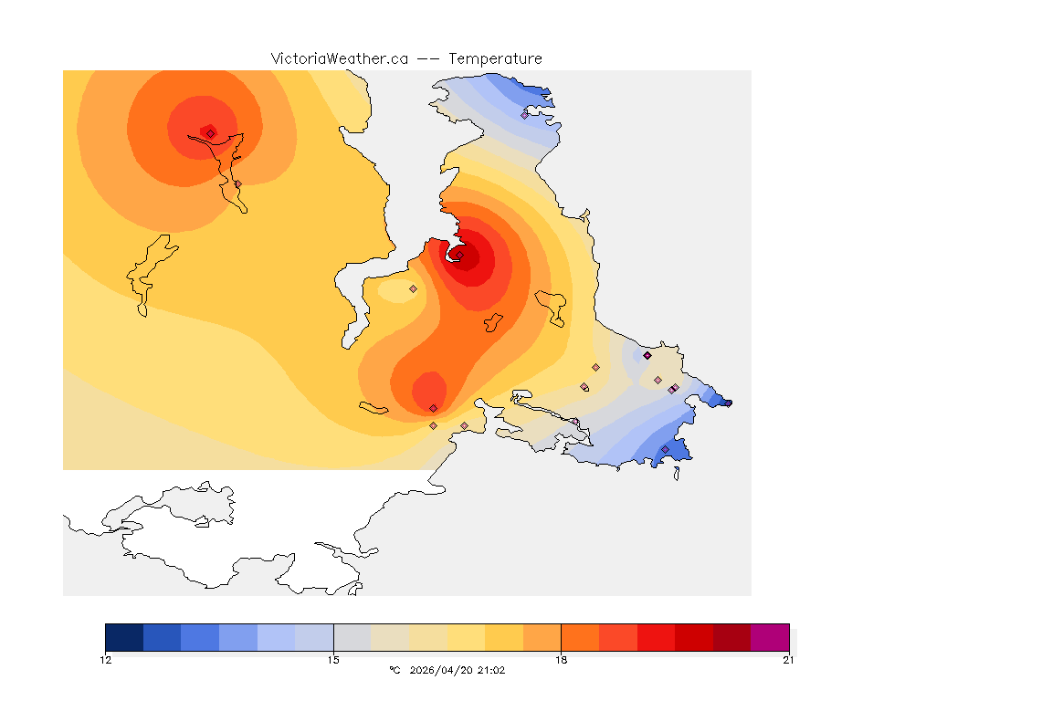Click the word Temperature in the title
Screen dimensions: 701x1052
tap(496, 58)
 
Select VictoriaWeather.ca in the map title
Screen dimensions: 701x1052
tap(339, 58)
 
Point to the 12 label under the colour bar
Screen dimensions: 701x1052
tap(106, 659)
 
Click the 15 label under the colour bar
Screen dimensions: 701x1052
tap(333, 659)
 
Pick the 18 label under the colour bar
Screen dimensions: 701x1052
tap(561, 659)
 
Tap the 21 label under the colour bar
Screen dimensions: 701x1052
tap(788, 659)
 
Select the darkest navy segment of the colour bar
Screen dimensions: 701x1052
tap(124, 637)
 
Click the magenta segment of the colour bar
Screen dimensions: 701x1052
tap(770, 637)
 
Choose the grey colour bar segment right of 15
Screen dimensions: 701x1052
tap(352, 637)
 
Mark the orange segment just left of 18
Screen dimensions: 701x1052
tap(542, 637)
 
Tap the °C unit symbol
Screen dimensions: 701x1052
tap(394, 670)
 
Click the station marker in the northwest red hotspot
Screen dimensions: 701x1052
tap(210, 133)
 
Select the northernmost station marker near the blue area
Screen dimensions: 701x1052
tap(524, 115)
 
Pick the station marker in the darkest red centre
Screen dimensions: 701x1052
tap(460, 255)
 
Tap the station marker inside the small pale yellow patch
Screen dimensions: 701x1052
tap(413, 288)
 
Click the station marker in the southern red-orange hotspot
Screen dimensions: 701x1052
tap(433, 408)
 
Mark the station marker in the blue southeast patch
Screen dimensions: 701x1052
tap(665, 449)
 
